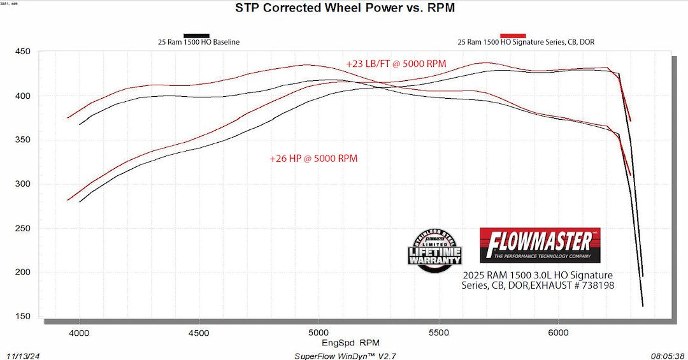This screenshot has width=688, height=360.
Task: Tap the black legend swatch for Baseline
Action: [196, 36]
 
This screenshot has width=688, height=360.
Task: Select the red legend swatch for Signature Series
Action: [513, 36]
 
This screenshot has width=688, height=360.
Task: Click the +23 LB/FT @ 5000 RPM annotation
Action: [396, 64]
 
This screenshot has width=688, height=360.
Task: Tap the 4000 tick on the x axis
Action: [79, 333]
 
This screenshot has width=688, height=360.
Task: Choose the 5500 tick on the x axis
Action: [438, 333]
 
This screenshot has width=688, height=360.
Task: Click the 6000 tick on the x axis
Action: [558, 333]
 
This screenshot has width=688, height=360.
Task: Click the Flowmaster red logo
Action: [540, 245]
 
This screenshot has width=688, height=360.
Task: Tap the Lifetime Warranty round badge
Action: [434, 250]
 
